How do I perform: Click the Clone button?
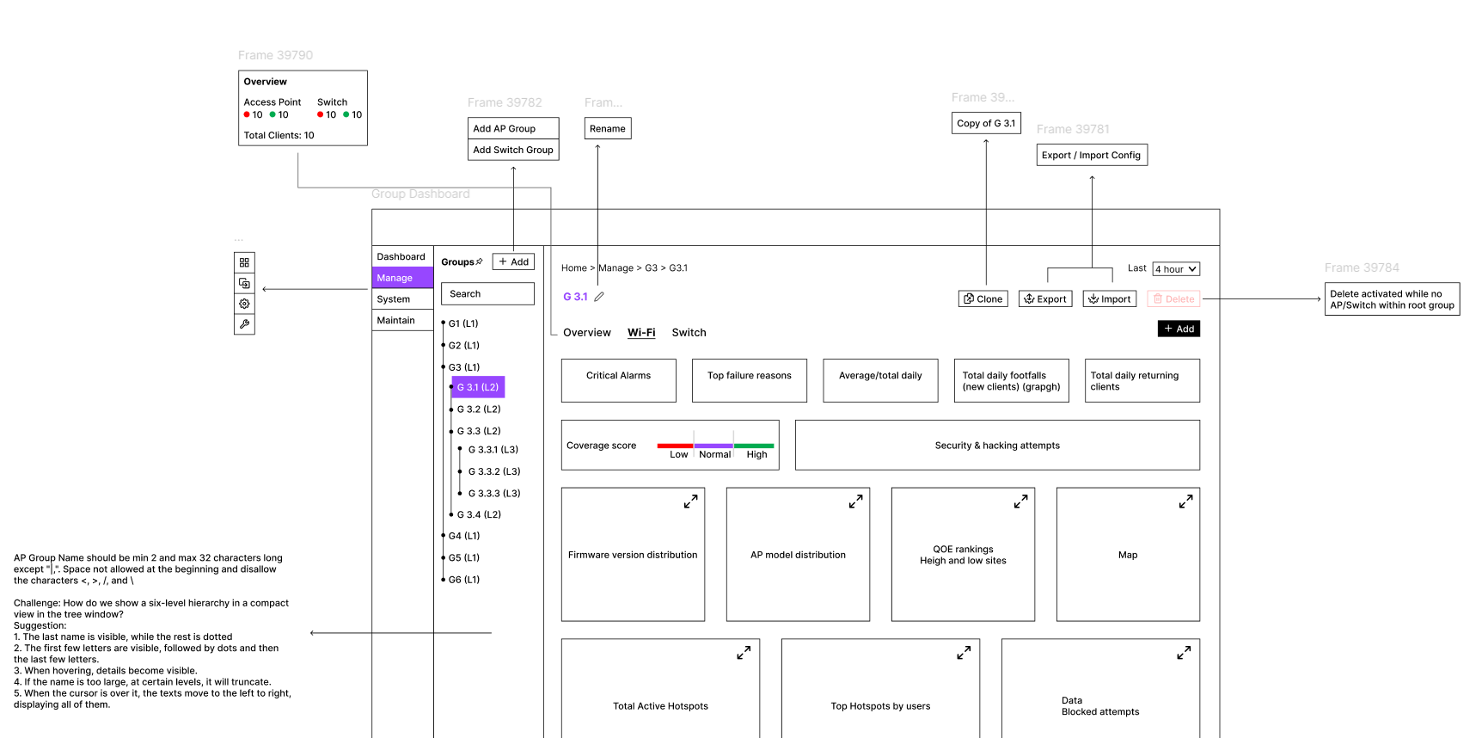point(983,298)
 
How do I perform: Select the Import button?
point(1109,298)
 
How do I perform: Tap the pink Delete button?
point(1173,298)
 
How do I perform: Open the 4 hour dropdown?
point(1175,269)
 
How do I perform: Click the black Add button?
point(1179,329)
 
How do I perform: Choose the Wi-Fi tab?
point(641,333)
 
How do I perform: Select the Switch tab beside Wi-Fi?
point(689,333)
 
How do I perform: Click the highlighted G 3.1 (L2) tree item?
point(478,387)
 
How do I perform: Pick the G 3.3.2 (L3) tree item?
point(493,471)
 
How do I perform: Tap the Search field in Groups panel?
point(487,294)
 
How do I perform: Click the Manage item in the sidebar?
point(402,278)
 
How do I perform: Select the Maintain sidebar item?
point(402,320)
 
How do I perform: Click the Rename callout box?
point(608,129)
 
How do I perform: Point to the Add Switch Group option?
point(513,150)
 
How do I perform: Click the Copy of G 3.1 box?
point(986,123)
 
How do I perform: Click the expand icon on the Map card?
point(1185,501)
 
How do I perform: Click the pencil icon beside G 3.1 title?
point(599,297)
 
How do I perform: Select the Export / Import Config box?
point(1091,156)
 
